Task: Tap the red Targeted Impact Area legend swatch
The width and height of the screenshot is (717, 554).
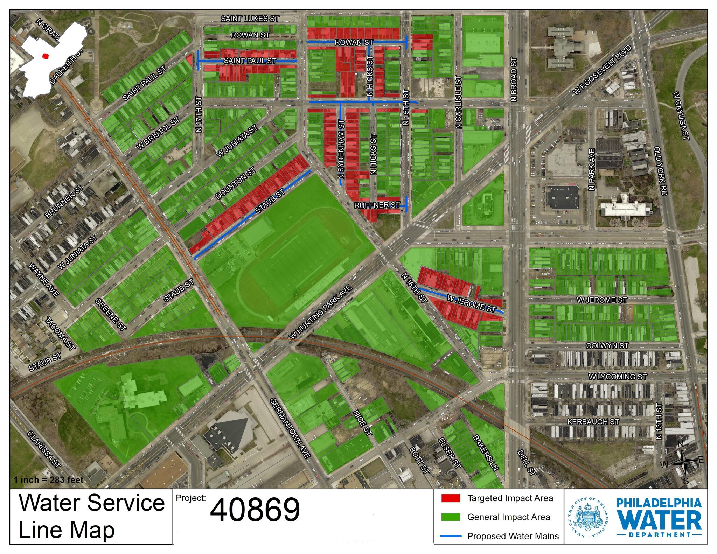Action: point(451,498)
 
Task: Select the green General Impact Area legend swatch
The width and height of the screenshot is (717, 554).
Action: point(451,517)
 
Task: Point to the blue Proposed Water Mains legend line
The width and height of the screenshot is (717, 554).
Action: point(451,536)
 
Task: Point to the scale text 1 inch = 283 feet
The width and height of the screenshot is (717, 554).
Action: point(49,480)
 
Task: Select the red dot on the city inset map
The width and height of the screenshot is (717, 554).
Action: point(45,56)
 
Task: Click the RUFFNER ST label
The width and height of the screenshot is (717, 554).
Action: point(377,205)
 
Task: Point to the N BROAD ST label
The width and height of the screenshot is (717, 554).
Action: point(514,80)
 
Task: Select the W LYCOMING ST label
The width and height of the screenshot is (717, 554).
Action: point(618,377)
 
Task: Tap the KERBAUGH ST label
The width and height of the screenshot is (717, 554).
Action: point(593,422)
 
